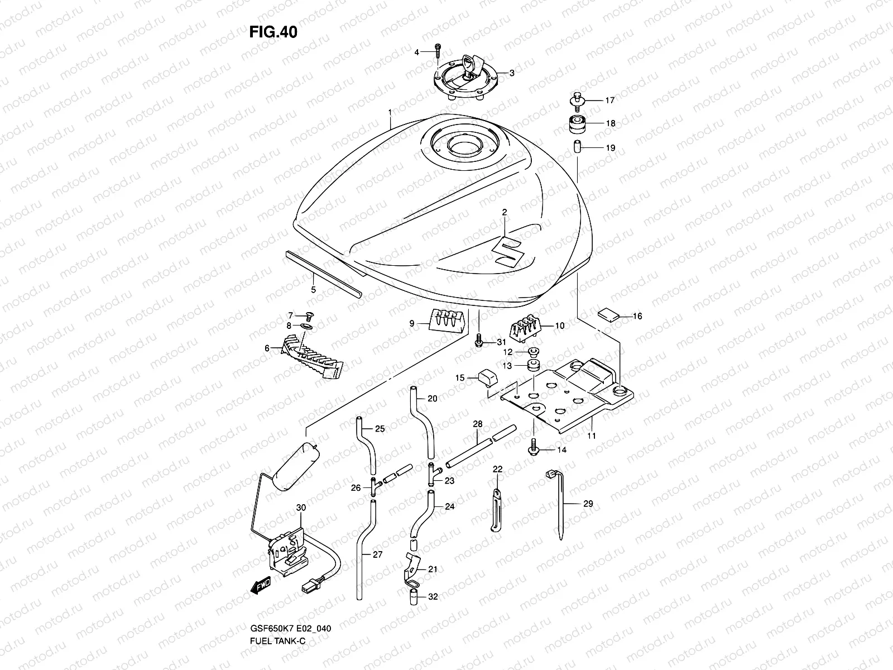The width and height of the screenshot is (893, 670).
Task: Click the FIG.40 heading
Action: coord(273,32)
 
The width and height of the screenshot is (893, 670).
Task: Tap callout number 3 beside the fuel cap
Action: coord(511,73)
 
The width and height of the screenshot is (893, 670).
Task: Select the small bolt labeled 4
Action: coord(437,53)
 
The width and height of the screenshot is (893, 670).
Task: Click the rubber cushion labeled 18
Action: coord(578,125)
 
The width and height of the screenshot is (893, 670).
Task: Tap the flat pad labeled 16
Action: coord(608,315)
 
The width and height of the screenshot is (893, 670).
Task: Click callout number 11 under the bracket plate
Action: coord(592,435)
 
